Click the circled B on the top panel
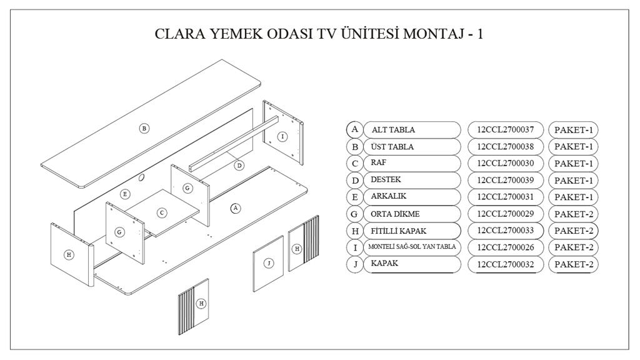[144, 128]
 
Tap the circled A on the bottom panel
[236, 207]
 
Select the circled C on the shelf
[162, 212]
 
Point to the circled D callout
[239, 166]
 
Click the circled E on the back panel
[125, 194]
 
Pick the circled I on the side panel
[282, 136]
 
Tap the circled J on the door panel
[269, 263]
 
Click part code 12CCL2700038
[505, 147]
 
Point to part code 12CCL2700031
[505, 197]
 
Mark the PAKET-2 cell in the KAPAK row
[573, 264]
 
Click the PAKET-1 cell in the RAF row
[573, 164]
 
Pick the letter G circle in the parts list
[355, 214]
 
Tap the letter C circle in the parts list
[355, 164]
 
